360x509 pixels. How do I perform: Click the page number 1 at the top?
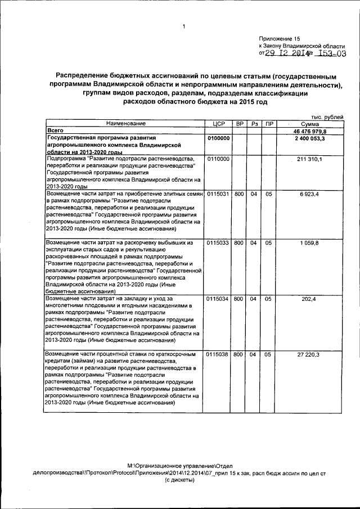point(183,26)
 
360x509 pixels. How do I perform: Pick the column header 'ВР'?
point(239,123)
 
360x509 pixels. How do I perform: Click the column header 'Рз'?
point(254,123)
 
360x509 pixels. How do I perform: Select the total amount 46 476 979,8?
point(310,130)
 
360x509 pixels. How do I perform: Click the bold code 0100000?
point(218,138)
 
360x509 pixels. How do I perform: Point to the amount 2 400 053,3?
point(310,138)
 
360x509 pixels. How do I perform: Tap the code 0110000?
point(218,160)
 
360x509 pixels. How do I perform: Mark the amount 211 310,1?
point(310,160)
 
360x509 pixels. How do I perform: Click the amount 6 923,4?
point(310,194)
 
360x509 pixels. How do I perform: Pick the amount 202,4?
point(310,299)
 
